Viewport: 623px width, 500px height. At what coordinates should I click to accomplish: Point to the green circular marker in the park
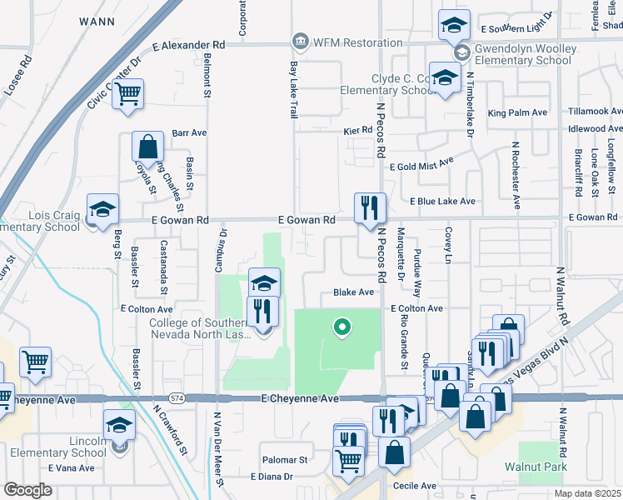340,327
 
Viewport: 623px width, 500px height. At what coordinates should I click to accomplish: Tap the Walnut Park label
535,467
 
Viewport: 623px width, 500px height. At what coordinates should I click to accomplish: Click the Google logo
28,490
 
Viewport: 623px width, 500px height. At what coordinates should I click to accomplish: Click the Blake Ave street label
353,292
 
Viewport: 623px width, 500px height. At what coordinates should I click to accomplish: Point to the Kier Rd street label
356,132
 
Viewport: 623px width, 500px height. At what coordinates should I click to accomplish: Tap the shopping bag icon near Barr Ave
147,147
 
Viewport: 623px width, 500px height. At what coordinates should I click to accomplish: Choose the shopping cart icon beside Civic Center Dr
127,94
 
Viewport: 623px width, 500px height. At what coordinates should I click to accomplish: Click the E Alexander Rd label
189,44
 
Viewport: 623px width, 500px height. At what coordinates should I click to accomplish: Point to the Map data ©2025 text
586,493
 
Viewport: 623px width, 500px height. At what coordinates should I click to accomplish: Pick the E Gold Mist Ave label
421,164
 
